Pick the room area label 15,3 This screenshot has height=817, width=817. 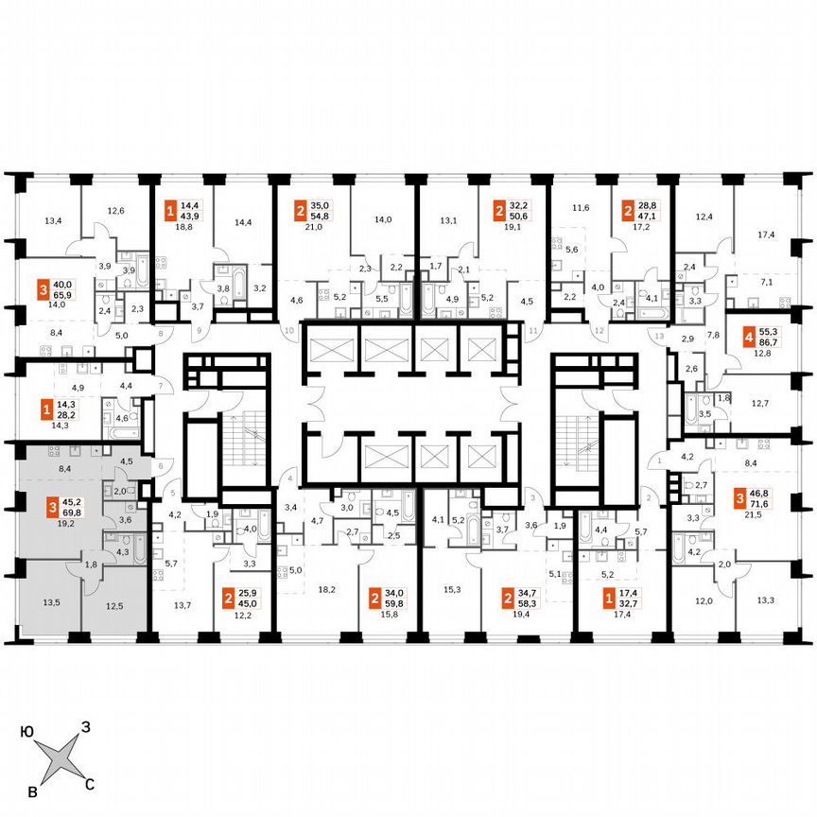[451, 589]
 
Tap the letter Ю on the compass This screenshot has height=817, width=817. [27, 731]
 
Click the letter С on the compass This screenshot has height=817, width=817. [90, 784]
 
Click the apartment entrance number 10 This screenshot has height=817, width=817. [289, 331]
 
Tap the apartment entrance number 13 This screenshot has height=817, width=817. [660, 337]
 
